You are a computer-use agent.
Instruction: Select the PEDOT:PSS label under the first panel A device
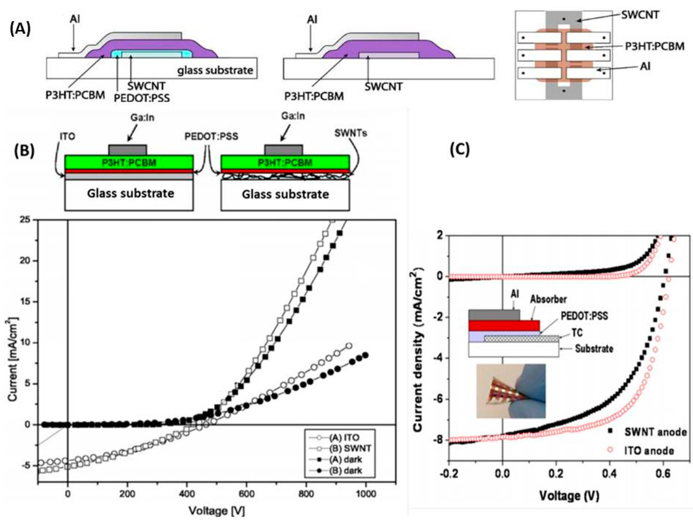point(142,98)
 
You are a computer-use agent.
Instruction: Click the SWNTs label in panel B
point(351,133)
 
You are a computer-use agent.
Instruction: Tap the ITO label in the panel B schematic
point(67,137)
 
